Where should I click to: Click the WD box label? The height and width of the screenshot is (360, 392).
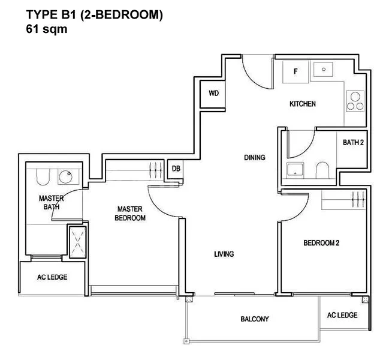point(213,94)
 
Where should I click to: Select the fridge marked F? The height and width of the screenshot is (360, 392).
point(295,71)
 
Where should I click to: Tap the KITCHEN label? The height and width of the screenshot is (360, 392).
point(302,104)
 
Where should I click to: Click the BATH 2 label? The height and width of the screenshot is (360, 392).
point(353,143)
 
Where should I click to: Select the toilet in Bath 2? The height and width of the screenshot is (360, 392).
point(321,170)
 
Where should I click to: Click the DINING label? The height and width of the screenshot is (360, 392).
point(254,158)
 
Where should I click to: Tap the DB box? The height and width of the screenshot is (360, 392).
point(176,169)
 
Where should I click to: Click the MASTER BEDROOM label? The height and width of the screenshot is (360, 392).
point(130,214)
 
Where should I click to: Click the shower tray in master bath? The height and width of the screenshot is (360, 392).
point(77,241)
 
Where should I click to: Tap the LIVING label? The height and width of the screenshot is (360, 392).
point(224,254)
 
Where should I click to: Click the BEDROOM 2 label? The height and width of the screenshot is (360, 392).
point(321,243)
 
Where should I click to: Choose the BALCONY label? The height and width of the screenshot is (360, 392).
point(254,319)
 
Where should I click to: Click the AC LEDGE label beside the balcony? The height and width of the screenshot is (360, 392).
point(342,315)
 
